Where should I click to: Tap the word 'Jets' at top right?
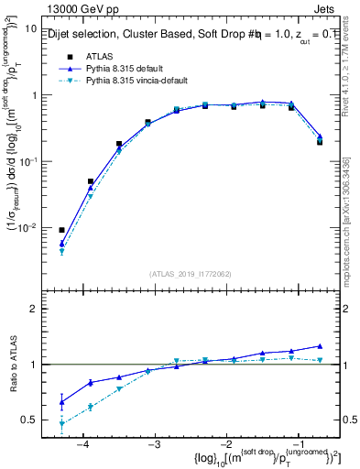pos(333,10)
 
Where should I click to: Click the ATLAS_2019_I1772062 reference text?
pos(191,273)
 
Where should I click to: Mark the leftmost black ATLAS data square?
pos(61,230)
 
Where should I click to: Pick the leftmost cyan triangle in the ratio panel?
pos(61,424)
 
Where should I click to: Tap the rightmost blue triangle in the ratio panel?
pos(320,345)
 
